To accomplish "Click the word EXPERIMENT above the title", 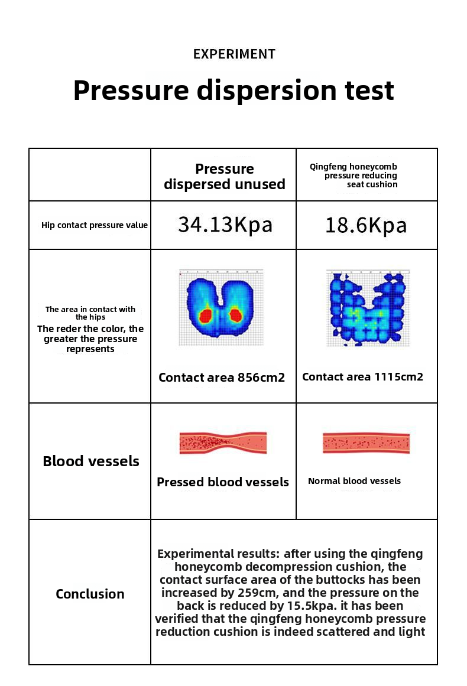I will click(234, 54).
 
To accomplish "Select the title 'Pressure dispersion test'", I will click(234, 90).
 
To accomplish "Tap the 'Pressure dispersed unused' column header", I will click(224, 177).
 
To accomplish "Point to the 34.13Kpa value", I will click(225, 225).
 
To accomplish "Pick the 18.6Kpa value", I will click(366, 225).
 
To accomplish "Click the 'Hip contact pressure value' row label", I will click(95, 225).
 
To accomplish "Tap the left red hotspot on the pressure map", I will click(206, 315).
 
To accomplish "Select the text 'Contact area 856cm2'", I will click(222, 378).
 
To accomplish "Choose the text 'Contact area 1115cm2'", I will click(362, 377).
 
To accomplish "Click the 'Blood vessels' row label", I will click(91, 461).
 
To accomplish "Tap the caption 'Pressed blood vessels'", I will click(223, 482).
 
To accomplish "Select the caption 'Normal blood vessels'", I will click(354, 481).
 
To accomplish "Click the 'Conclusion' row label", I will click(90, 594).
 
